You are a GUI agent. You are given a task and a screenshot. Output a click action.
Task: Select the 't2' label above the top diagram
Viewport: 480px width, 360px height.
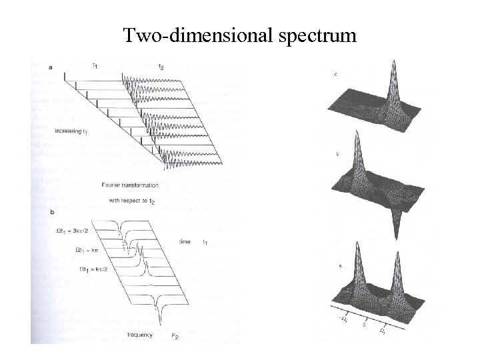tap(161, 66)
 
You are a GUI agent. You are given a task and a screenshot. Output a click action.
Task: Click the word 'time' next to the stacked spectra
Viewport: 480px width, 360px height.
tap(188, 242)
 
